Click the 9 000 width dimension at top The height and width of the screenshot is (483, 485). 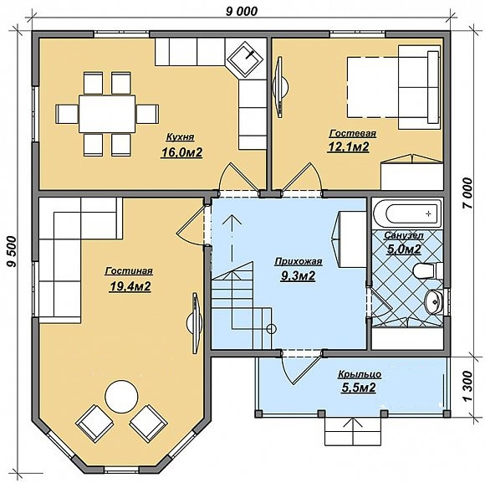(242, 12)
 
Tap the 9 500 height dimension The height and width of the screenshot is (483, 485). (12, 251)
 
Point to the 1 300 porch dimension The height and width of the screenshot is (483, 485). (468, 386)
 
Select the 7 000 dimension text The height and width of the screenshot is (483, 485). (467, 193)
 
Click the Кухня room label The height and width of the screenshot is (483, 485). (181, 137)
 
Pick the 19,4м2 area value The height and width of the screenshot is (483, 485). (130, 287)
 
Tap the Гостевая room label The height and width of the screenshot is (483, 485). (353, 133)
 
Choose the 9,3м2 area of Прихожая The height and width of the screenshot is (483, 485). (298, 275)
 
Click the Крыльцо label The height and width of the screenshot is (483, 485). (360, 375)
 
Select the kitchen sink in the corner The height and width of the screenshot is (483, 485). (246, 58)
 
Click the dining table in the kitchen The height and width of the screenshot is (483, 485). (107, 114)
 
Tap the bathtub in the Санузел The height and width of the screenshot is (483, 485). (407, 213)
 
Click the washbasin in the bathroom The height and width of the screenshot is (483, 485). (434, 302)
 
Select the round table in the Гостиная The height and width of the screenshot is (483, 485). (121, 396)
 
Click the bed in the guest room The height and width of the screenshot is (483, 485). (394, 87)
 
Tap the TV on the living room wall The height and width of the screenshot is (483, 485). (195, 323)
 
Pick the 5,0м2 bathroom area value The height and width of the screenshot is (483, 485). (404, 249)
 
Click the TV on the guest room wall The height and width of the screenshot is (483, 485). (280, 87)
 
